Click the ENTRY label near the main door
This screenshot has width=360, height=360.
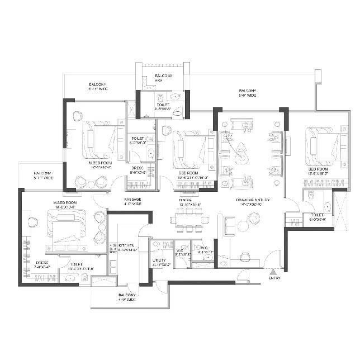[x=274, y=278]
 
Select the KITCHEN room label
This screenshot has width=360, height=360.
[x=125, y=247]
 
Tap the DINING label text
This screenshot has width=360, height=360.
[x=186, y=200]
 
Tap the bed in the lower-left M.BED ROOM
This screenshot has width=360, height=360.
[x=67, y=229]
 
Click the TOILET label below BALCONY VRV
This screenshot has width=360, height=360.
[x=163, y=106]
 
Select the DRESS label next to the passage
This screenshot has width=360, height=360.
[x=138, y=170]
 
